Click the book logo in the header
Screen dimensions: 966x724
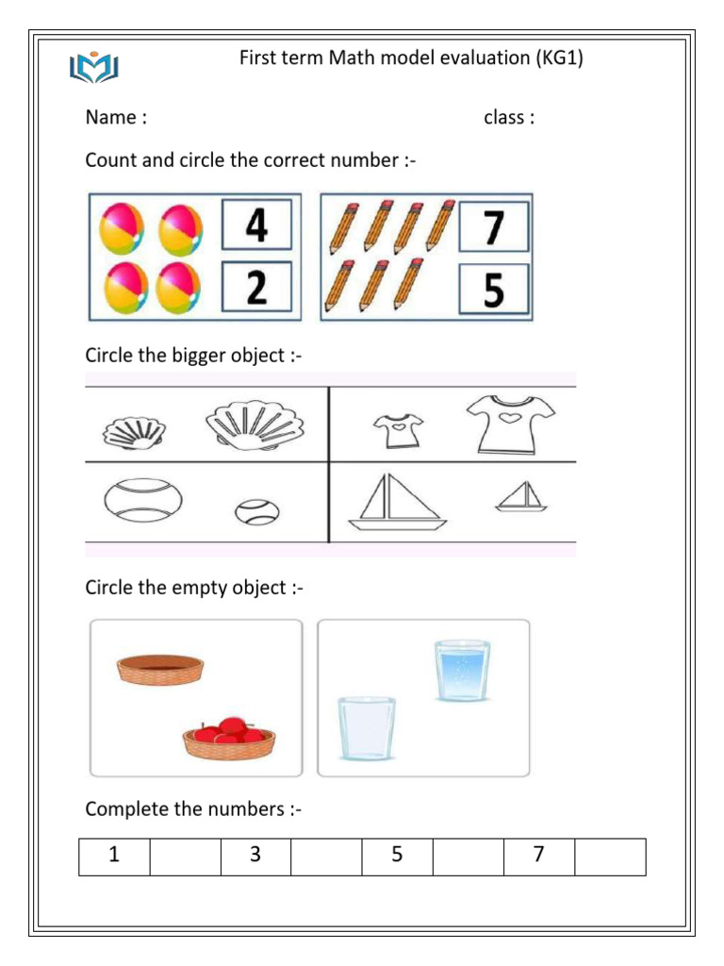coord(93,69)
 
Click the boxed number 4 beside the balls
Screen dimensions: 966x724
coord(256,226)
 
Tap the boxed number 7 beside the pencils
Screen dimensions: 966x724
coord(494,226)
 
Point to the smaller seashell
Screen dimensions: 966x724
coord(133,433)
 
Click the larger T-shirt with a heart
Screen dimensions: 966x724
coord(510,422)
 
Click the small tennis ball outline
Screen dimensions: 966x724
coord(256,512)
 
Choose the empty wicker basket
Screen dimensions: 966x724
coord(160,668)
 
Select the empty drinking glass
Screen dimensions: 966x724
coord(367,727)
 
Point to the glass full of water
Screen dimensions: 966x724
coord(462,671)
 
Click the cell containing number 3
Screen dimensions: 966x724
coord(255,857)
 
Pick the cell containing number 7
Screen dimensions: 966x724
coord(538,857)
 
